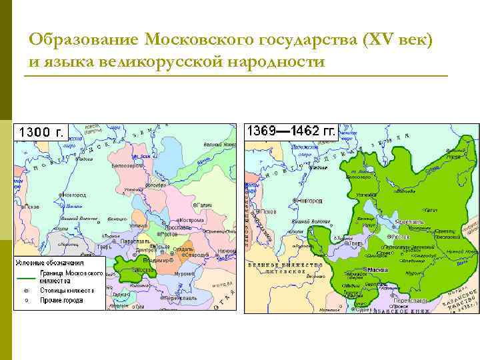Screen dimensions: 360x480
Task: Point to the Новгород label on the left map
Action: coord(73,195)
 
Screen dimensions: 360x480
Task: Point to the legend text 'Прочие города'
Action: coord(59,301)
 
